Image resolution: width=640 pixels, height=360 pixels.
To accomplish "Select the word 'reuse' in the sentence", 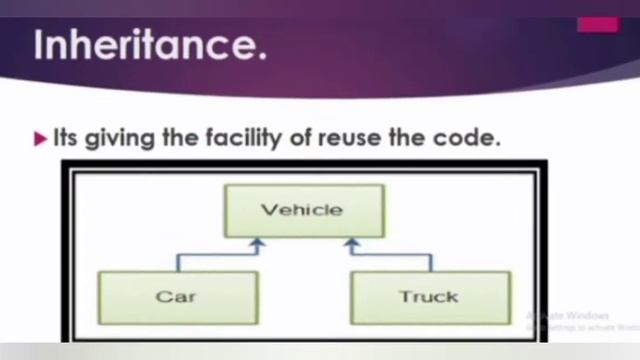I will [355, 139].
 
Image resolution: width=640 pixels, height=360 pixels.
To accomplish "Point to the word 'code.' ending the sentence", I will [469, 139].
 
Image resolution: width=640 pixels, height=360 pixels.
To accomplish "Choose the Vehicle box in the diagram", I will [302, 210].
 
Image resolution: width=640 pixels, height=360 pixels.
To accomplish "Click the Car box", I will [178, 297].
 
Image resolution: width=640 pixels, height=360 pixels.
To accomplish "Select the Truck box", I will [430, 297].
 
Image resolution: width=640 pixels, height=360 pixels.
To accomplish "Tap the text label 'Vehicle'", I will [302, 210].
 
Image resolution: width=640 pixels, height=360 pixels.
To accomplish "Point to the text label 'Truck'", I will [429, 297].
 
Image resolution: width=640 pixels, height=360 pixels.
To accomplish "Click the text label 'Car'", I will [176, 297].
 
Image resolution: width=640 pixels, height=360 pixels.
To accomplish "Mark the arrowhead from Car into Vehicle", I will [257, 242].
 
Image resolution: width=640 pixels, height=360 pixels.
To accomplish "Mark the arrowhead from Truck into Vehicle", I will [350, 242].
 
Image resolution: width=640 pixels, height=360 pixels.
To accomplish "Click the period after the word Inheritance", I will [262, 56].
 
